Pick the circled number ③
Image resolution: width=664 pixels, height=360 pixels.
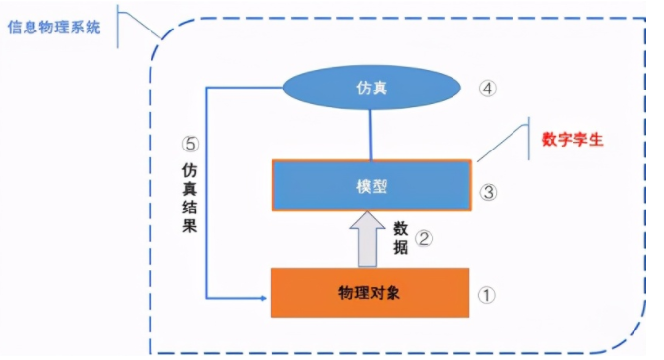point(487,192)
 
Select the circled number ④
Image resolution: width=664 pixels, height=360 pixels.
point(488,88)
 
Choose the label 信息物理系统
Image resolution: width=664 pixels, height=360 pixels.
point(55,28)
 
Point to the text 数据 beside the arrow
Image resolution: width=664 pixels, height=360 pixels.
point(400,237)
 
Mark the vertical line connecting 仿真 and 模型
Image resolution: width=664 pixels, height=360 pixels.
point(370,134)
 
